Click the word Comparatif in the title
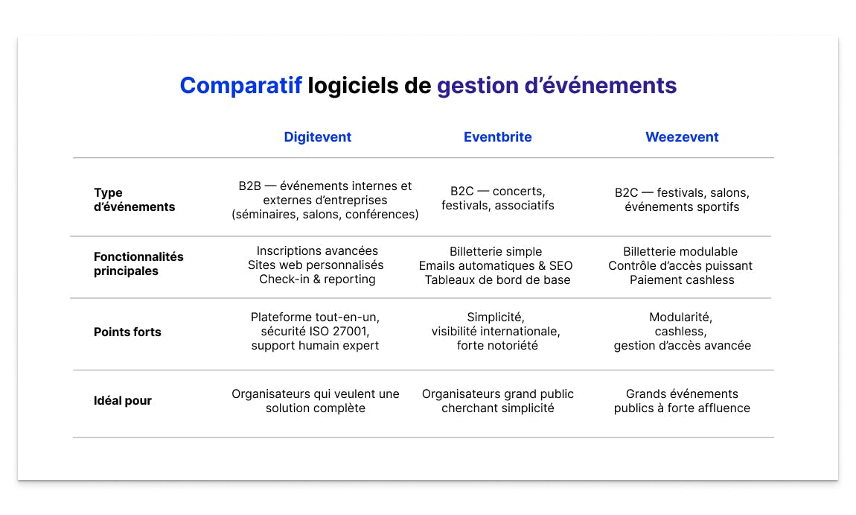240,86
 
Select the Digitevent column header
318,137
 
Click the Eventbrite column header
497,137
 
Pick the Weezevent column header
682,137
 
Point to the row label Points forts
127,332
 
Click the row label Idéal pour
123,401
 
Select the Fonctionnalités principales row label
138,264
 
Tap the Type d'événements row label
134,200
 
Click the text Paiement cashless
682,280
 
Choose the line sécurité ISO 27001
316,332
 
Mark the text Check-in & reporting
317,279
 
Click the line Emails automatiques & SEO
496,266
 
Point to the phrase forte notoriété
497,346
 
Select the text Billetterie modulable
680,252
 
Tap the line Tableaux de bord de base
497,280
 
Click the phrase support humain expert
315,346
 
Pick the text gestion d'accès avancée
682,346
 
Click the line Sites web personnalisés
316,265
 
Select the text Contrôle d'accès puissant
680,266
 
